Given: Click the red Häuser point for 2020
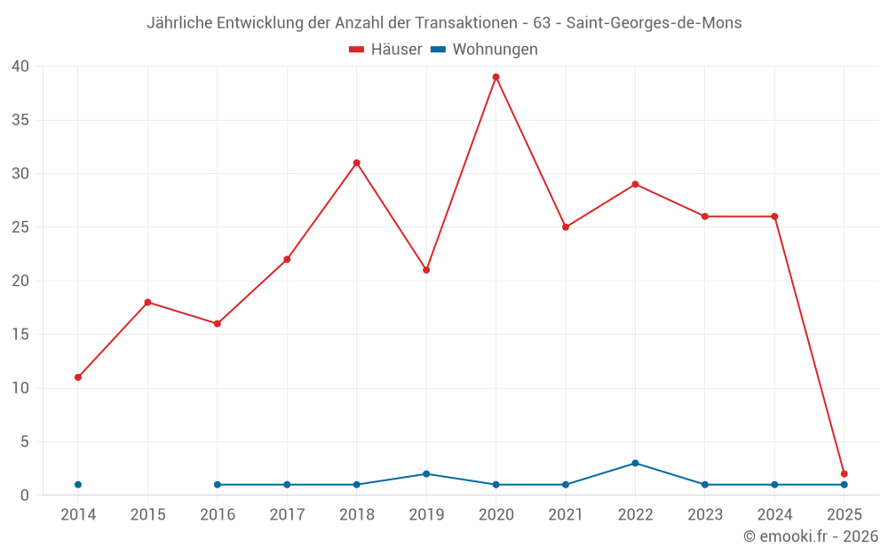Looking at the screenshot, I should [496, 77].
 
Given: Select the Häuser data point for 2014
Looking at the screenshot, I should [78, 377].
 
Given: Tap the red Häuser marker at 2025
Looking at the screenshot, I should [844, 474].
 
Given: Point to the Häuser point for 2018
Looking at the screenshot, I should [356, 163].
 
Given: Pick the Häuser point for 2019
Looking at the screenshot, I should [426, 270].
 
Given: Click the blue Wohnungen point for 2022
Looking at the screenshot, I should [635, 464].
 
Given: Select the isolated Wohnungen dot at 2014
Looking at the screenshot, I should [78, 485].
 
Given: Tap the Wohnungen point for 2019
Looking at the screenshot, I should [426, 474].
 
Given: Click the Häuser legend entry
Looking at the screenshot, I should [385, 50].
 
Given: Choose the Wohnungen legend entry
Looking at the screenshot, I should [484, 50].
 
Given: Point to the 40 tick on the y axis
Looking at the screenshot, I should [21, 67].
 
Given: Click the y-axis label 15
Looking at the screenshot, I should [21, 335].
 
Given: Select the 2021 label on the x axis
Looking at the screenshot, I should [566, 515].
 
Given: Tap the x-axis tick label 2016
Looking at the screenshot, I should [218, 515].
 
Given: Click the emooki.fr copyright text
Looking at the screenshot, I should [811, 536].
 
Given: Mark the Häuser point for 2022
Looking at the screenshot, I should [635, 184].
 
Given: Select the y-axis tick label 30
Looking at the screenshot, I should [21, 174].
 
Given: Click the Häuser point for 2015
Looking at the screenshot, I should [147, 302].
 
